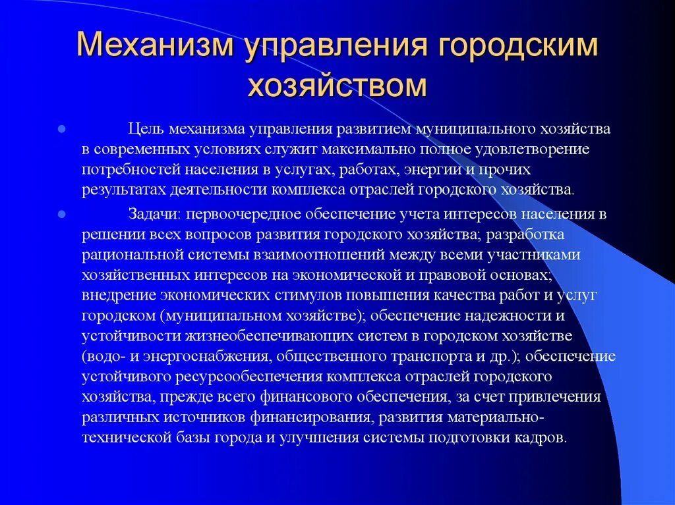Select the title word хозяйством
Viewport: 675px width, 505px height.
tap(337, 86)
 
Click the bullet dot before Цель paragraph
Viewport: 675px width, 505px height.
tap(61, 129)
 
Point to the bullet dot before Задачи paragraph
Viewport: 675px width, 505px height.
tap(61, 214)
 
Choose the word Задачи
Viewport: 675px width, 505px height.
tap(152, 214)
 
